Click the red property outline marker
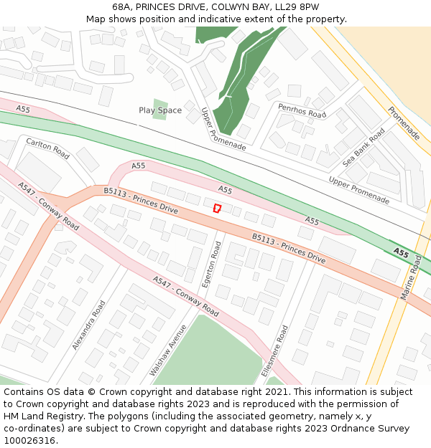217,208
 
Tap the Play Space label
160,110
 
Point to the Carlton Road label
47,149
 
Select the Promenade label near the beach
403,123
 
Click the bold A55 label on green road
401,253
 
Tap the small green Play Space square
159,110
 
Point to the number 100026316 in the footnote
29,440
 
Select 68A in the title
121,6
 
